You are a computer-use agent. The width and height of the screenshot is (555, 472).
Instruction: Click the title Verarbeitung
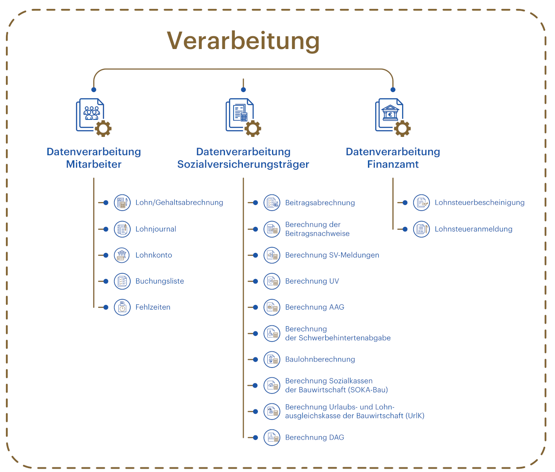pyautogui.click(x=243, y=41)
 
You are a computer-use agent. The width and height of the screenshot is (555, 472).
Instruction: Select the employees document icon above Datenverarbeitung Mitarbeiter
pyautogui.click(x=93, y=117)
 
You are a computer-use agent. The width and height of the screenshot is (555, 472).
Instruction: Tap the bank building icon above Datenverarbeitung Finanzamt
pyautogui.click(x=393, y=117)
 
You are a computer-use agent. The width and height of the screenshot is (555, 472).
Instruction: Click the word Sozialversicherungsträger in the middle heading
pyautogui.click(x=243, y=165)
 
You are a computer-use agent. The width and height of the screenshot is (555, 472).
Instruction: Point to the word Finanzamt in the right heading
pyautogui.click(x=393, y=164)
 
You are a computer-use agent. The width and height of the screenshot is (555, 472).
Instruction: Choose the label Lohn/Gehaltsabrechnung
pyautogui.click(x=179, y=203)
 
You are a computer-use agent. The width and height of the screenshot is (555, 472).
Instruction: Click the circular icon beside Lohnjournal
pyautogui.click(x=122, y=229)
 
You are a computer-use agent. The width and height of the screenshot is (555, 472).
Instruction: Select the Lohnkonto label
pyautogui.click(x=154, y=255)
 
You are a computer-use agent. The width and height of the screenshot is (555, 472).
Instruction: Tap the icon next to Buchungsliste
pyautogui.click(x=122, y=281)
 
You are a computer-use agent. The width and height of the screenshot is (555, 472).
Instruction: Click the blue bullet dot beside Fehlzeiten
pyautogui.click(x=106, y=307)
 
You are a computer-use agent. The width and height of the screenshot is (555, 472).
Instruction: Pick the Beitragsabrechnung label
pyautogui.click(x=320, y=203)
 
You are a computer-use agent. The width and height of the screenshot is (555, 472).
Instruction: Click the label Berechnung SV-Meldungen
pyautogui.click(x=332, y=255)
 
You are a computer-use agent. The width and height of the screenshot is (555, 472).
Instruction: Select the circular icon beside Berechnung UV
pyautogui.click(x=272, y=281)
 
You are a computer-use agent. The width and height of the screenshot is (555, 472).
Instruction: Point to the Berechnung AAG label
pyautogui.click(x=315, y=307)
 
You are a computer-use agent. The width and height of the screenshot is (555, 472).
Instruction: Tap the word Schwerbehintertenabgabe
pyautogui.click(x=345, y=338)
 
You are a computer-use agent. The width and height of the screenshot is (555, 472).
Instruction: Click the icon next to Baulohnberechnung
pyautogui.click(x=272, y=359)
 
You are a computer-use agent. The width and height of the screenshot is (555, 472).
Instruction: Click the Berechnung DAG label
pyautogui.click(x=314, y=437)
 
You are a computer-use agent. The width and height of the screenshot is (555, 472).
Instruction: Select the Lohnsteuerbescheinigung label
pyautogui.click(x=479, y=203)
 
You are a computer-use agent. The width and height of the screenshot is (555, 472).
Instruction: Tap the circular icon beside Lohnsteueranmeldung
pyautogui.click(x=421, y=229)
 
